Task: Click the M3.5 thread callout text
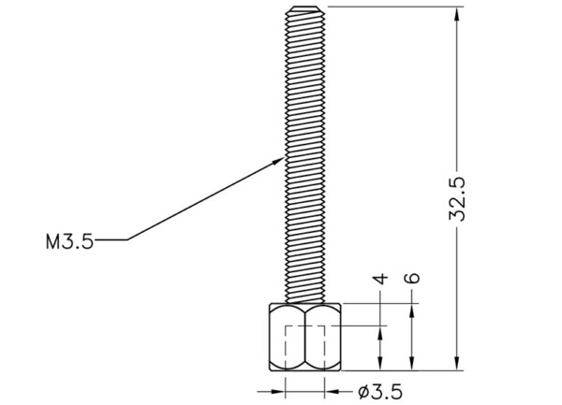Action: click(69, 241)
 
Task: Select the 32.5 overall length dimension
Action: click(457, 199)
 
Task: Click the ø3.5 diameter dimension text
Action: click(380, 392)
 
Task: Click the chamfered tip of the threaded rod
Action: click(305, 9)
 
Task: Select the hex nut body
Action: click(305, 337)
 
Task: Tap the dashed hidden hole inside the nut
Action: click(305, 347)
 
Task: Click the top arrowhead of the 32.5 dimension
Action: click(457, 14)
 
